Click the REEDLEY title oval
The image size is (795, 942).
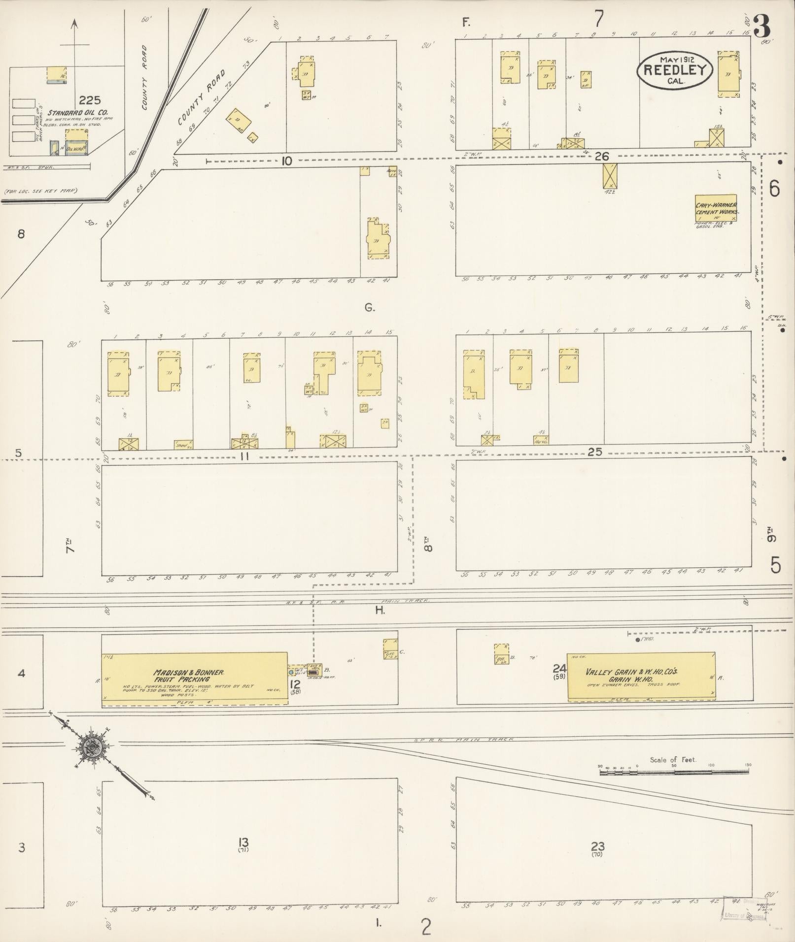[x=674, y=70]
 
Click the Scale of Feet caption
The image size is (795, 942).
[x=673, y=760]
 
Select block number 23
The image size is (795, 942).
[x=597, y=846]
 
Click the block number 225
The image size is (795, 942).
[x=90, y=100]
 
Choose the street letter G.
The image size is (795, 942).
[x=370, y=308]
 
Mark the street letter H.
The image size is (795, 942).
[x=380, y=611]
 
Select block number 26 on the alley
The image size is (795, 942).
[x=602, y=157]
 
